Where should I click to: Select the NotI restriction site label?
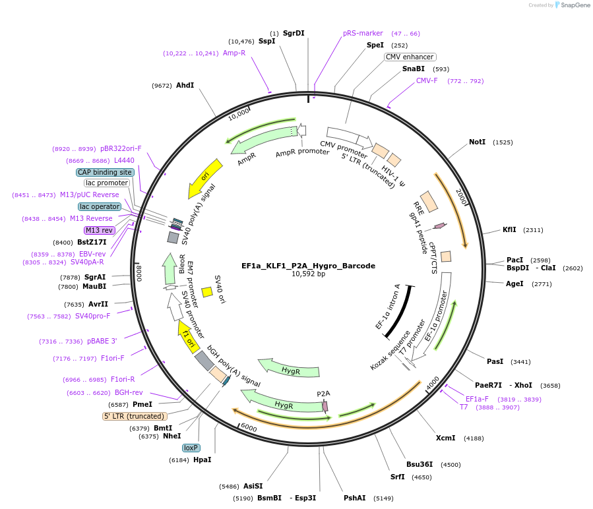click(x=477, y=142)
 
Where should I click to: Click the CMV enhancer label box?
click(x=410, y=57)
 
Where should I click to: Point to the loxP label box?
click(x=191, y=448)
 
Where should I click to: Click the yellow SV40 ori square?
click(x=206, y=291)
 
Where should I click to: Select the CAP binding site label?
click(x=106, y=172)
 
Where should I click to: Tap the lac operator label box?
click(x=100, y=206)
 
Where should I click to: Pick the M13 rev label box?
click(x=99, y=230)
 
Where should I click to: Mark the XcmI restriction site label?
click(x=445, y=438)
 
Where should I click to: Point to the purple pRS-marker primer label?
click(x=363, y=33)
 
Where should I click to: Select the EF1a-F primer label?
click(x=477, y=399)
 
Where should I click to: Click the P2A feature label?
click(x=323, y=394)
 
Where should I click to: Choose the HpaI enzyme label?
click(x=202, y=460)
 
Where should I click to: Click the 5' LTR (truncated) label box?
click(x=135, y=416)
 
